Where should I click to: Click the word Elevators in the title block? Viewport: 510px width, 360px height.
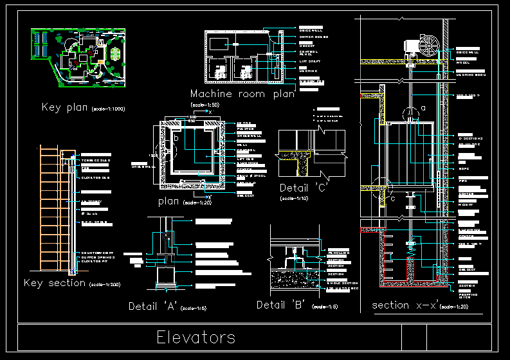[196, 337]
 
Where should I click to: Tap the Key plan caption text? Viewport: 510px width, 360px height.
[66, 107]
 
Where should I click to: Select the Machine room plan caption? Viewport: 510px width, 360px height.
[242, 94]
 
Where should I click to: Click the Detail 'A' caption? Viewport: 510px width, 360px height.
[153, 305]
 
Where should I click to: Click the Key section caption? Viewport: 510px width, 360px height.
[54, 283]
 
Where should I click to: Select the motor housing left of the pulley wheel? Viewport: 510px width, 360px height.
[410, 46]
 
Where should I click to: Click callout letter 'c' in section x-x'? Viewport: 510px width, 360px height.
[393, 197]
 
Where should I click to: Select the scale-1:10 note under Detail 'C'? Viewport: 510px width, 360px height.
[293, 199]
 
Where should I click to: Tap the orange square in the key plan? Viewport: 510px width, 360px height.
[100, 61]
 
